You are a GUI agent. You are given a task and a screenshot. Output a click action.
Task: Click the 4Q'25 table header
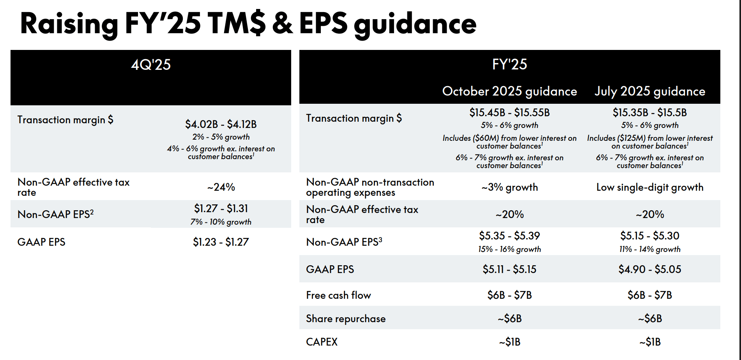[151, 65]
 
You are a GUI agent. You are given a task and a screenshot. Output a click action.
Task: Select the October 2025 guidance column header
[509, 91]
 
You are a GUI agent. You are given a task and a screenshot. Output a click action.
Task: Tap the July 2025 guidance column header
[650, 91]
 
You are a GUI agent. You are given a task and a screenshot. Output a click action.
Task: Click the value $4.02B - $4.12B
[221, 124]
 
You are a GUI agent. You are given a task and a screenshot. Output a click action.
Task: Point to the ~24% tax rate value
[221, 187]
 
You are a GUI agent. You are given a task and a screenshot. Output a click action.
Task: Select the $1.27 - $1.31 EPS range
[221, 209]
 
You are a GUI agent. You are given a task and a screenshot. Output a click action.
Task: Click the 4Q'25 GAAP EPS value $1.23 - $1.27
[221, 242]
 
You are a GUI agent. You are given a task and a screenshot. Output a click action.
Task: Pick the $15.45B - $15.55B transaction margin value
[509, 113]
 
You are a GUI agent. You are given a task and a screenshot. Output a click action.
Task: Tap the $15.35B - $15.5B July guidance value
[650, 113]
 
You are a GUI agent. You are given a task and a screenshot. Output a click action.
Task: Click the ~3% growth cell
[509, 187]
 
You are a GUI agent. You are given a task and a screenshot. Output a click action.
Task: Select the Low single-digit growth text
[650, 187]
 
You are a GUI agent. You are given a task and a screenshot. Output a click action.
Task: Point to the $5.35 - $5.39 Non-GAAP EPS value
[509, 236]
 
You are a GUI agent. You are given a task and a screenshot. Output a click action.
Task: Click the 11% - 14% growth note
[650, 249]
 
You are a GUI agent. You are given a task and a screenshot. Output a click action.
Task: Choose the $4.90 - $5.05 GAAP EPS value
[650, 270]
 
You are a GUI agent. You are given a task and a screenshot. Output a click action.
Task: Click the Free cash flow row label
[338, 295]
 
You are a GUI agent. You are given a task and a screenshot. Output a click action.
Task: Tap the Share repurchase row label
[346, 319]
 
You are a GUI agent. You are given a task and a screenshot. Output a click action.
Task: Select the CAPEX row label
[322, 342]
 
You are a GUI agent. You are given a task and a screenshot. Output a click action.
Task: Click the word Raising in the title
[69, 24]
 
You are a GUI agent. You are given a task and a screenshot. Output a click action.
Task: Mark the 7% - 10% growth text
[221, 222]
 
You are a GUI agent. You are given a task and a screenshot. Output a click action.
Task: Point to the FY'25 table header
[509, 64]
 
